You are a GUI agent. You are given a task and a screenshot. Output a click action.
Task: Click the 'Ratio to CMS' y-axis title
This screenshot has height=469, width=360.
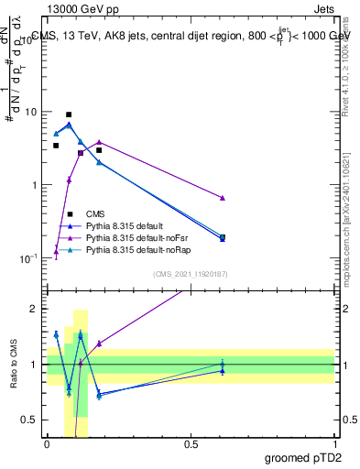12,365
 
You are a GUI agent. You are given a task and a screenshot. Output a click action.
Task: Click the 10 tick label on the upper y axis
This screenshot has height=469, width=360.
30,112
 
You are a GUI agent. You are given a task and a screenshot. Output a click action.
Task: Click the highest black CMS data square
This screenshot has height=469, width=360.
69,115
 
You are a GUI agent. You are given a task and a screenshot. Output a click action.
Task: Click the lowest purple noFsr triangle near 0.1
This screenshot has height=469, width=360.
56,252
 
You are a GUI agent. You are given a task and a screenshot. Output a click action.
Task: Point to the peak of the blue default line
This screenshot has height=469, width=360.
69,125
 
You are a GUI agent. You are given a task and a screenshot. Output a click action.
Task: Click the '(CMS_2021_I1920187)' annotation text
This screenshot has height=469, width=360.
191,274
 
